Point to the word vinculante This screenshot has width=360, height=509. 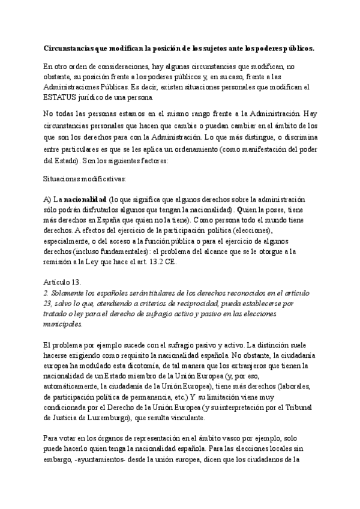coord(184,418)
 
